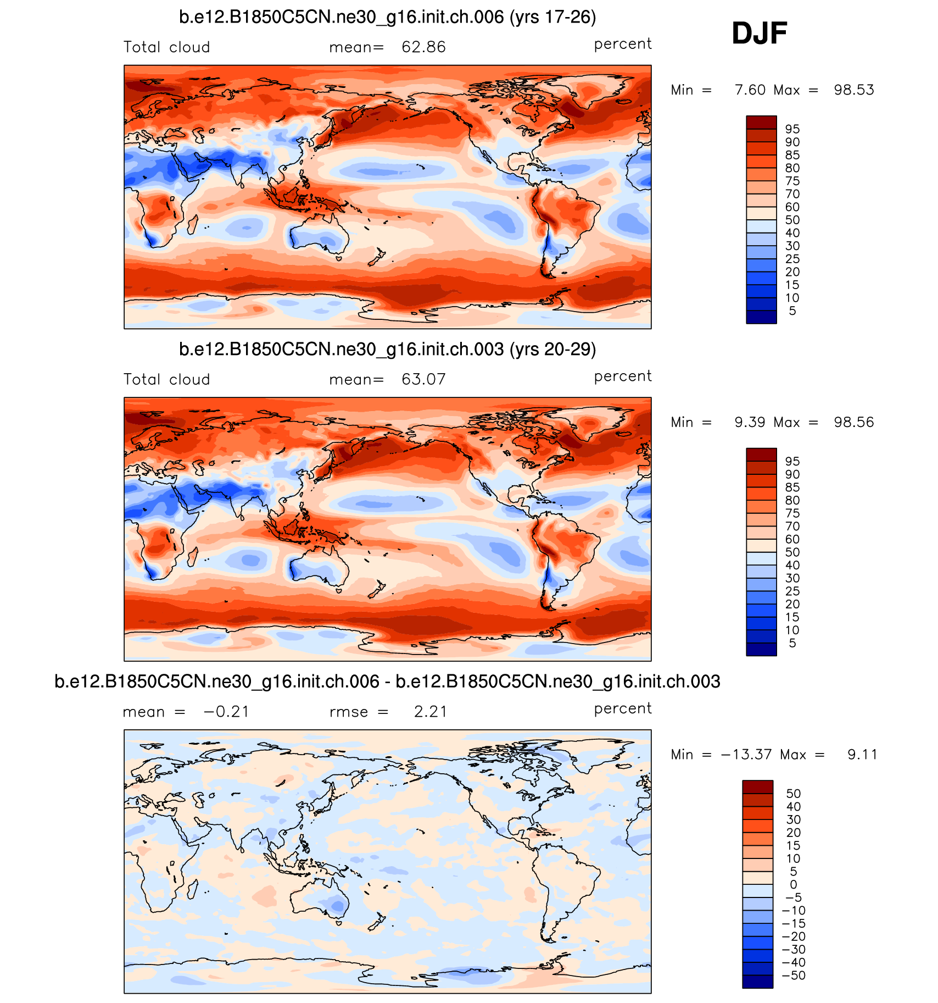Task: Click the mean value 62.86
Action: [423, 47]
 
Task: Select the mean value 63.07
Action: [423, 379]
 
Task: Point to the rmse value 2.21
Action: [431, 712]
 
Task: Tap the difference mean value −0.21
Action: [226, 712]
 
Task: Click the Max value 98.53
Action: [854, 90]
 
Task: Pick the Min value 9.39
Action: [750, 423]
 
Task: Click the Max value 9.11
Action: [862, 755]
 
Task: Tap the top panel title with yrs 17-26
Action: [387, 17]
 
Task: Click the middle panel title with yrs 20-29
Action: [387, 350]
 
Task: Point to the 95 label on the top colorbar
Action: [792, 129]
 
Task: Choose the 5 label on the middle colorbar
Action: [792, 643]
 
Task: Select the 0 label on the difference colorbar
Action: [793, 884]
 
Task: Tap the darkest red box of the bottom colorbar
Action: [757, 787]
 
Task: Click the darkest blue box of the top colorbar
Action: [761, 317]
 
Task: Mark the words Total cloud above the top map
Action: [166, 47]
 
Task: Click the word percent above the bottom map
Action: [623, 709]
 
